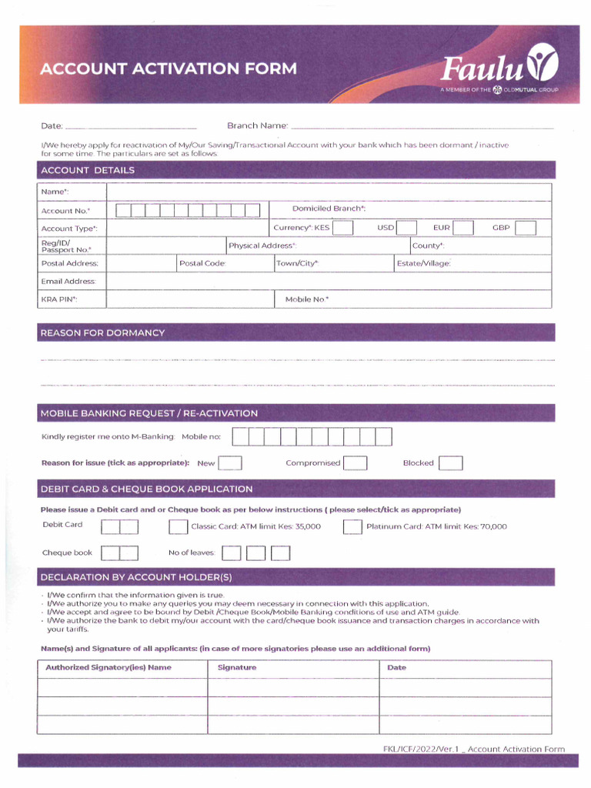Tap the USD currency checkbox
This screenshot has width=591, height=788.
click(x=406, y=228)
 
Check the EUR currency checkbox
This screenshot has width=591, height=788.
click(x=462, y=228)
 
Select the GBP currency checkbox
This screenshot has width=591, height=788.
click(x=526, y=228)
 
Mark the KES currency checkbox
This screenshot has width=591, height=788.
click(x=342, y=228)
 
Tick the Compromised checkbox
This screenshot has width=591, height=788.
click(x=355, y=463)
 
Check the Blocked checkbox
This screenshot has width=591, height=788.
click(x=450, y=463)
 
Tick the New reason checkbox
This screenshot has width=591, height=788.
click(x=230, y=463)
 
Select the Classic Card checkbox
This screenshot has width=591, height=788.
click(x=178, y=527)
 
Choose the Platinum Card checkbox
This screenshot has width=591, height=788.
click(x=352, y=527)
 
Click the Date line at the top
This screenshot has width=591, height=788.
click(x=131, y=125)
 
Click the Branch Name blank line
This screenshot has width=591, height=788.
click(x=422, y=125)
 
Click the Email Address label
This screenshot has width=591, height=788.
click(x=68, y=282)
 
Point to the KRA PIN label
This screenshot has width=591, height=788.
click(x=59, y=299)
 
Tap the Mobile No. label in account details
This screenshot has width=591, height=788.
click(x=307, y=299)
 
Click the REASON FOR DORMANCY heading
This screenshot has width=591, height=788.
click(x=102, y=333)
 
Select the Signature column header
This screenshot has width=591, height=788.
click(x=237, y=668)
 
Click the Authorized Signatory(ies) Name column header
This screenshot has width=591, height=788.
click(x=109, y=668)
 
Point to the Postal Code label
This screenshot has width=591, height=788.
click(x=202, y=263)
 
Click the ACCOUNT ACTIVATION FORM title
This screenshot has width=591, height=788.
click(x=168, y=69)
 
